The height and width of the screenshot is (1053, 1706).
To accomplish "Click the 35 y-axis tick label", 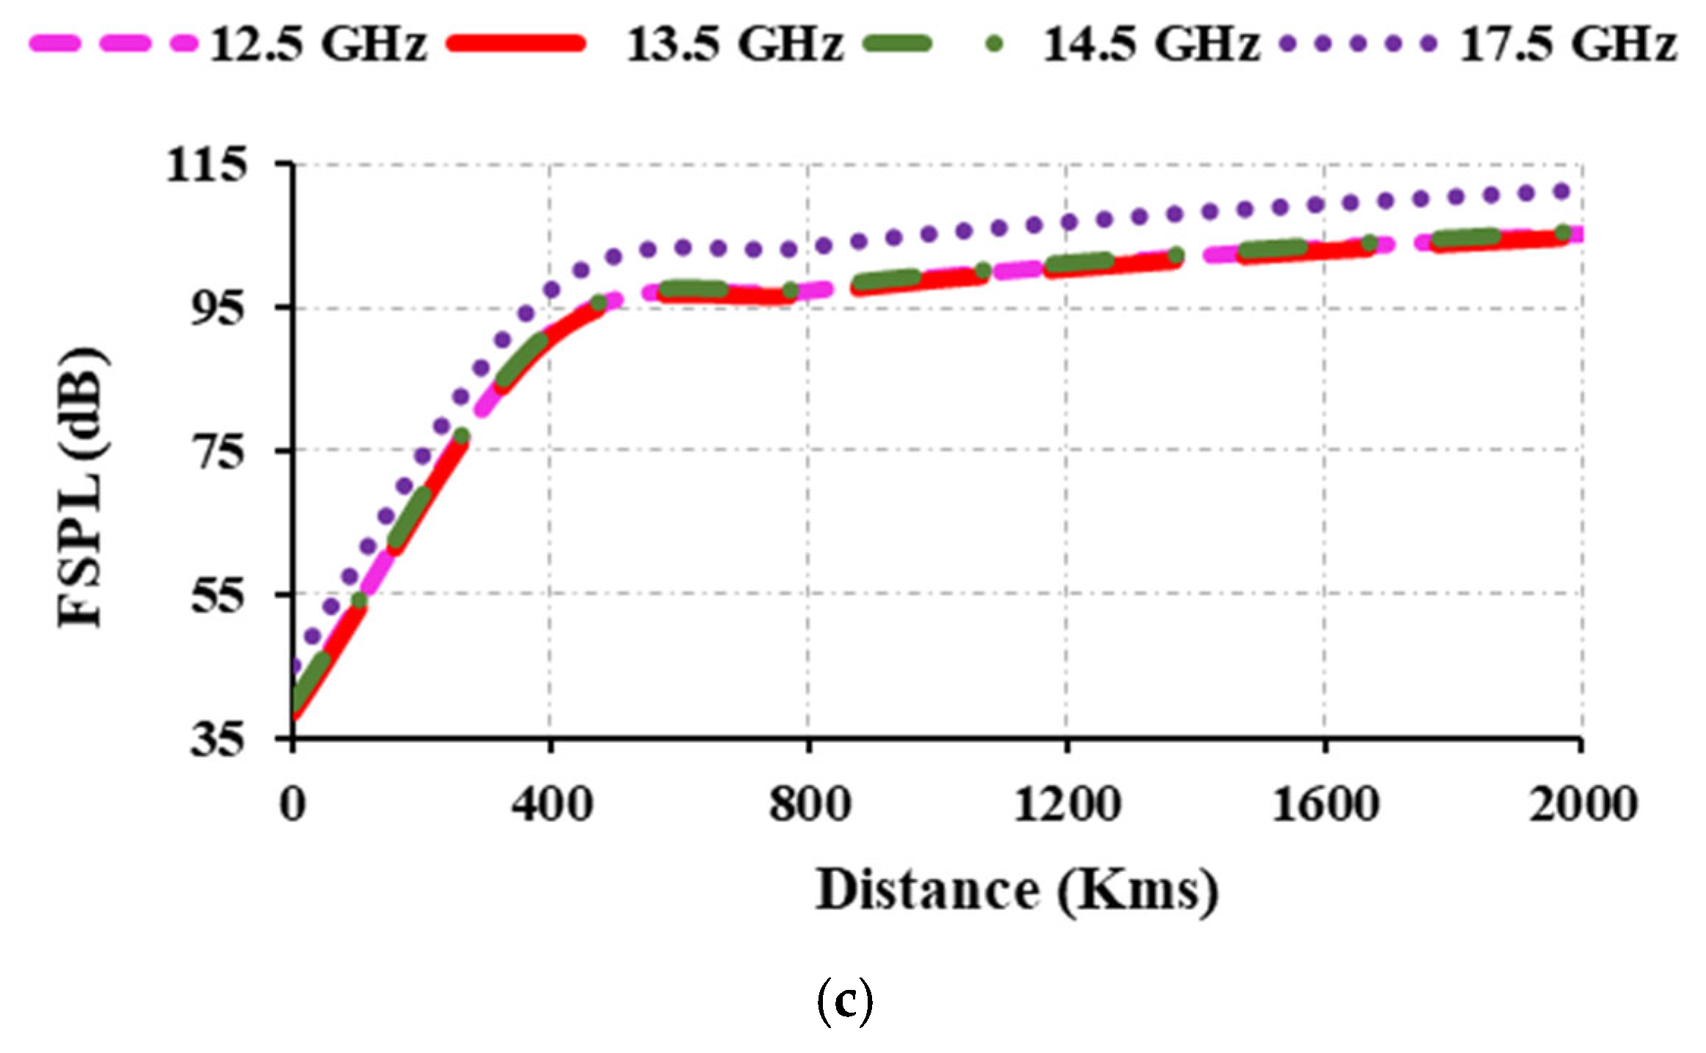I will pos(216,740).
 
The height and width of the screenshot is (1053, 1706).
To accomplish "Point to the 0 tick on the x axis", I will pos(293,804).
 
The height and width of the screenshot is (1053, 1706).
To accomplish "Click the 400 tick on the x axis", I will pos(552,804).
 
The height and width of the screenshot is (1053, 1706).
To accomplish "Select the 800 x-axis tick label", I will pos(810,804).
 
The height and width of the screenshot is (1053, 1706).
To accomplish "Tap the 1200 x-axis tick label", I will pos(1067,804).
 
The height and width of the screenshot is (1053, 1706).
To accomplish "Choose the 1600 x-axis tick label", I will pos(1325,804).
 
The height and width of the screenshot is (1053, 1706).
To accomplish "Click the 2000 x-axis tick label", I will pos(1583,804).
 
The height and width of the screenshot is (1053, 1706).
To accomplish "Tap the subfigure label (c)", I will pos(845,1002).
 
